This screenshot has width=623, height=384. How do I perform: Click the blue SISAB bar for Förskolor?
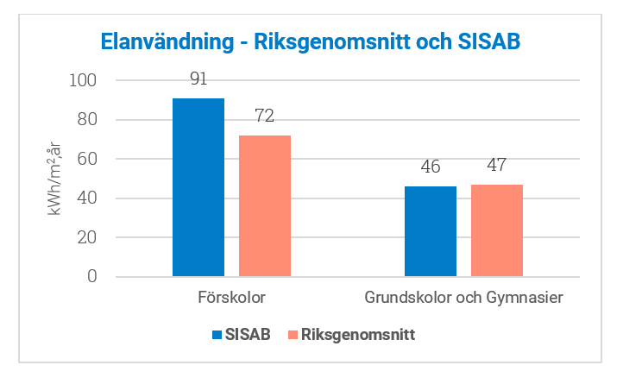coord(198,187)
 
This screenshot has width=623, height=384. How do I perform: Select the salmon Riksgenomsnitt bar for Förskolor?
coord(265,206)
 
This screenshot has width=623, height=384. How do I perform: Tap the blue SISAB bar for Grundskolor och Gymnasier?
coord(431,231)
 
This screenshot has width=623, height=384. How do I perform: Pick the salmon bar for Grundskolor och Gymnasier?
coord(497,230)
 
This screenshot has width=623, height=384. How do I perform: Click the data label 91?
coord(198,79)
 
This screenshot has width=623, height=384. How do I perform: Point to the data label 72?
coord(265,116)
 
